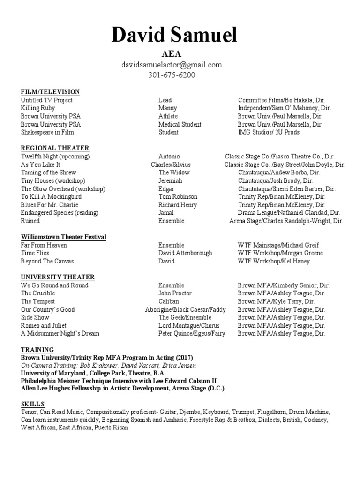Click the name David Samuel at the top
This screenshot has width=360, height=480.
[x=174, y=36]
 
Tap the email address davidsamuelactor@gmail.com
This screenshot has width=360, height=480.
[x=171, y=65]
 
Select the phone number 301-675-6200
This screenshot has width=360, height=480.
[x=171, y=75]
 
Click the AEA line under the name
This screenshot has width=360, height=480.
[x=171, y=54]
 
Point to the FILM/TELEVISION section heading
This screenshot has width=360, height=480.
[x=50, y=92]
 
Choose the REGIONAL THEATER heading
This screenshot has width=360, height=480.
[x=55, y=148]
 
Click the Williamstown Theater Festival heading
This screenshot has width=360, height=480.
[x=64, y=237]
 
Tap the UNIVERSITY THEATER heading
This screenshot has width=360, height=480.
[x=58, y=277]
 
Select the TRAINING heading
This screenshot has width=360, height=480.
[x=37, y=350]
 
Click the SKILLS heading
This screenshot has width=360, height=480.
[x=33, y=404]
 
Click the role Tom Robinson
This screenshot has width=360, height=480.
[x=178, y=197]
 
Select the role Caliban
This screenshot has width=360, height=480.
[x=169, y=301]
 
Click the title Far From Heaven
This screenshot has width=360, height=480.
[x=44, y=245]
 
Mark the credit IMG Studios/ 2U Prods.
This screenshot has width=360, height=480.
[x=269, y=132]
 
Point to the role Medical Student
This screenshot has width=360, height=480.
[x=180, y=124]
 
